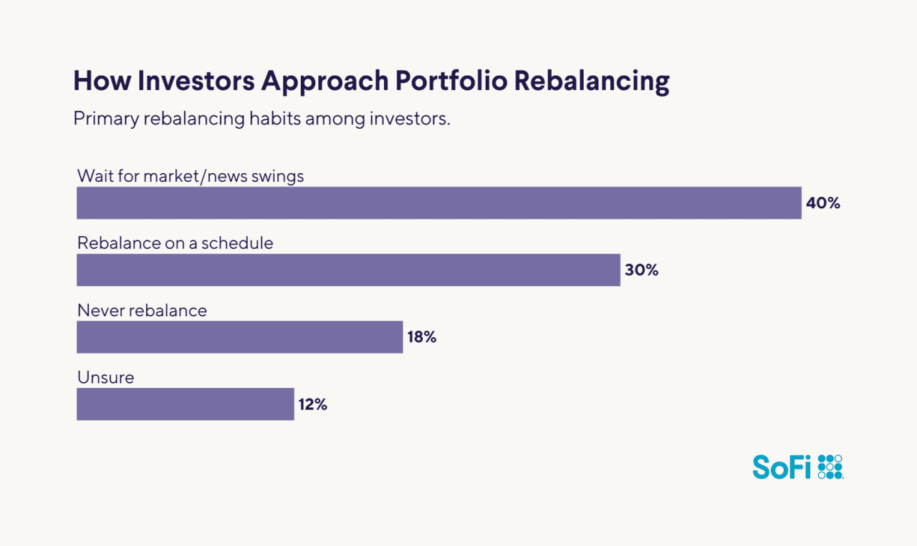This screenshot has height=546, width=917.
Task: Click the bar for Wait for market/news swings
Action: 438,203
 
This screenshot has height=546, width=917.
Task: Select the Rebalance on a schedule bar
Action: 348,270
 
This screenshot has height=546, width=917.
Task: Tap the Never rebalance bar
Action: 239,337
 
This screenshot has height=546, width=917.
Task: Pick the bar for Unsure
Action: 185,404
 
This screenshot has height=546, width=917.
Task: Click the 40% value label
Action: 822,203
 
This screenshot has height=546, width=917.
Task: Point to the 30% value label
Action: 641,270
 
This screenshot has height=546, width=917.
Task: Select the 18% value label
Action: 422,337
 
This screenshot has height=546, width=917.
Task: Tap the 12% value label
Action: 312,404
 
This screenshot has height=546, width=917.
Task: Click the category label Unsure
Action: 105,377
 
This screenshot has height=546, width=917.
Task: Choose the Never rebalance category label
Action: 142,311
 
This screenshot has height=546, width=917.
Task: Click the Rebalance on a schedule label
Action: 175,243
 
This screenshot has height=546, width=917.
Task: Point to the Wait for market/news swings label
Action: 191,176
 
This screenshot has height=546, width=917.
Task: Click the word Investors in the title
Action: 196,82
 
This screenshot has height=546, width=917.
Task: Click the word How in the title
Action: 101,82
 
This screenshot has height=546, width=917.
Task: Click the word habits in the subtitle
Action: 274,118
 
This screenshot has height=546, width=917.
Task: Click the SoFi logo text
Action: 782,467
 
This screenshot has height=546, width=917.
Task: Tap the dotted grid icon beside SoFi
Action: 830,467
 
